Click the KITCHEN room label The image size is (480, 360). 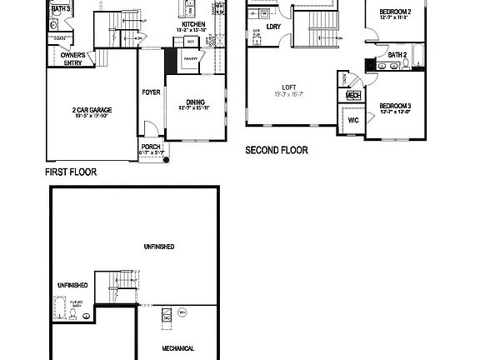193,25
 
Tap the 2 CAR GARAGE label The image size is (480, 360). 92,109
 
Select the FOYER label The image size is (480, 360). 151,92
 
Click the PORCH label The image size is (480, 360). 151,147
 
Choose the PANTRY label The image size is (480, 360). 191,60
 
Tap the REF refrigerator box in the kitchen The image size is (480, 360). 191,41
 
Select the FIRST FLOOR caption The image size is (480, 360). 71,172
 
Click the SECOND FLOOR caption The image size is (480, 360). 276,151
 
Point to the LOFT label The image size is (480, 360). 289,87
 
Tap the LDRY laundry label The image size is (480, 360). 273,26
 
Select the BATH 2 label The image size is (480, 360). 397,55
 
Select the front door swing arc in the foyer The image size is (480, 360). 149,127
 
